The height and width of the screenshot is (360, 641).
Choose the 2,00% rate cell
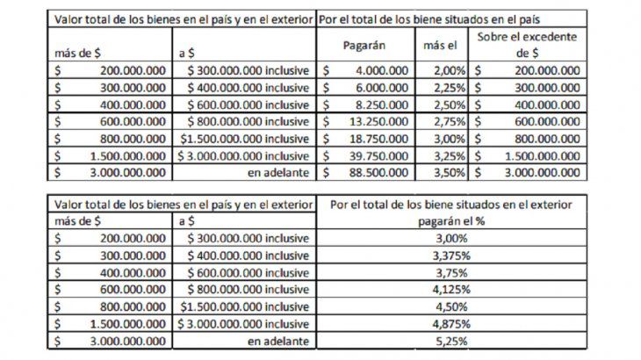pyautogui.click(x=448, y=68)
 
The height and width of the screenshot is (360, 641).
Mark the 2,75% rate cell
pyautogui.click(x=448, y=120)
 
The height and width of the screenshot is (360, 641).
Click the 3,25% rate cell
pyautogui.click(x=448, y=155)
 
